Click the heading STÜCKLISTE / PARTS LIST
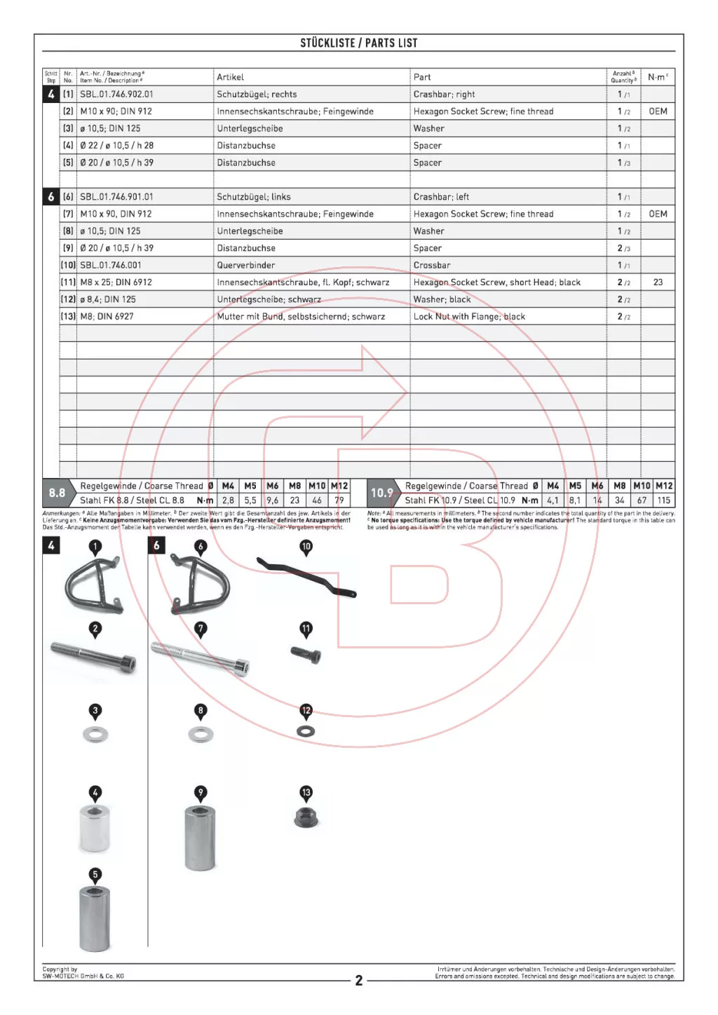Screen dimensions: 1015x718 click(358, 43)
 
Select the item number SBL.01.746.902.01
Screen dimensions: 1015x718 click(116, 94)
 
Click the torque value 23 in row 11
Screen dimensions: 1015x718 click(658, 282)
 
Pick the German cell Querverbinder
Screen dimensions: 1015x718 click(246, 265)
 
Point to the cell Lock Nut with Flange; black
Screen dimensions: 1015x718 click(469, 316)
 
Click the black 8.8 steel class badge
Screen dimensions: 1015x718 click(57, 493)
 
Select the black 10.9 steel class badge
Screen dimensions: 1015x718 click(382, 493)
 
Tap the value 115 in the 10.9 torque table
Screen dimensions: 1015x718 click(664, 500)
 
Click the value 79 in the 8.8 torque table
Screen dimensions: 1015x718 click(339, 500)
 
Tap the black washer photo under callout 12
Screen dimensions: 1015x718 click(306, 731)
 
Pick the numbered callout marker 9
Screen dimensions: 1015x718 click(201, 793)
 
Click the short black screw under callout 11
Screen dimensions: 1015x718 click(306, 655)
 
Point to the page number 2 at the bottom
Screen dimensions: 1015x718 click(359, 980)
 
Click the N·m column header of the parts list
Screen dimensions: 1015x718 click(658, 77)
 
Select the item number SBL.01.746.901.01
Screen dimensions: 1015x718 click(116, 197)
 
